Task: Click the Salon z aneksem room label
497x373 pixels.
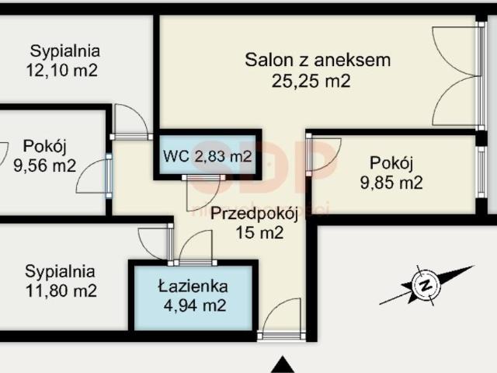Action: (x=317, y=60)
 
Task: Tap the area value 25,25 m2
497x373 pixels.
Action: (x=311, y=79)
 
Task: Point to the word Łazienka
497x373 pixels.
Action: (x=193, y=285)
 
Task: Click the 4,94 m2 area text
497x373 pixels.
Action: (x=193, y=305)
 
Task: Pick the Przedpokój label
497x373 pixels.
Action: (x=246, y=212)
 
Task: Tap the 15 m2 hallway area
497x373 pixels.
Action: (x=258, y=232)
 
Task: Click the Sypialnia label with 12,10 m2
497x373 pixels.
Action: (x=65, y=52)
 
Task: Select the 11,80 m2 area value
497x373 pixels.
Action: (x=61, y=291)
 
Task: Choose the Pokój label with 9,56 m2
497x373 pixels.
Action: (x=45, y=145)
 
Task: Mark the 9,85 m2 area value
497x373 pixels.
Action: (x=391, y=183)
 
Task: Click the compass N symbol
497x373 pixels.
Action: (x=425, y=284)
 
